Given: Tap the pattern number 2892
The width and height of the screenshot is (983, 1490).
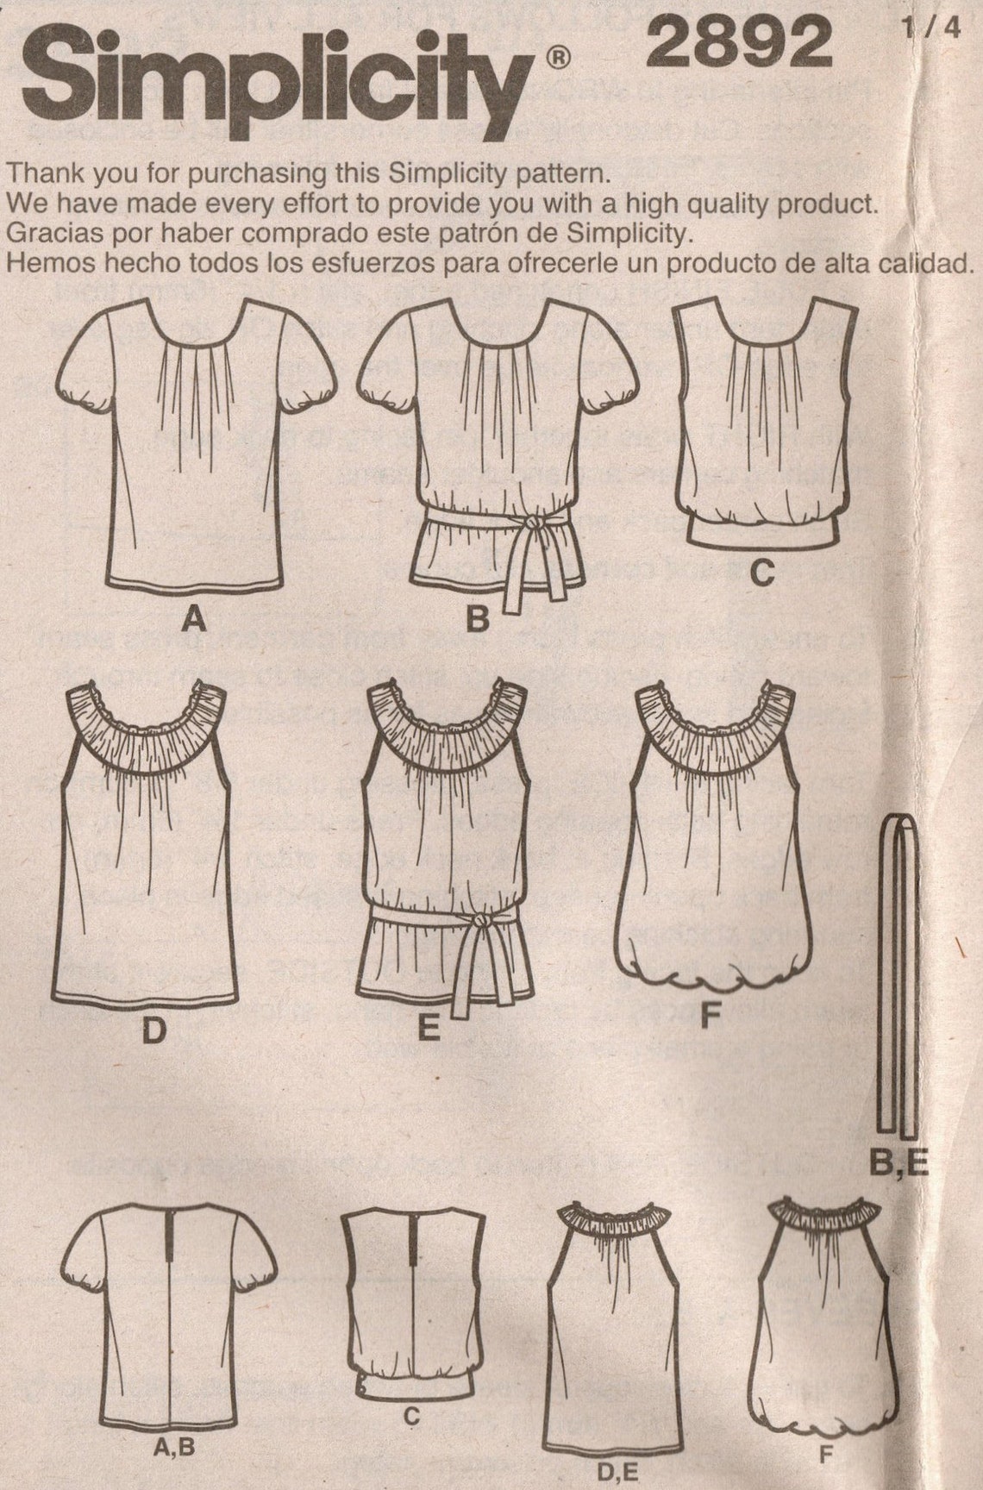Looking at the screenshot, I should point(740,43).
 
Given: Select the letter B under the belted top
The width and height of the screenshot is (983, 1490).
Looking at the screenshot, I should point(477,621).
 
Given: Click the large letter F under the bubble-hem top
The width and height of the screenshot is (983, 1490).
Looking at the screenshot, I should point(708,1017).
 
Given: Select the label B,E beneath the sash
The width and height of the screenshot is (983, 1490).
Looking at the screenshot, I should point(898,1166).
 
